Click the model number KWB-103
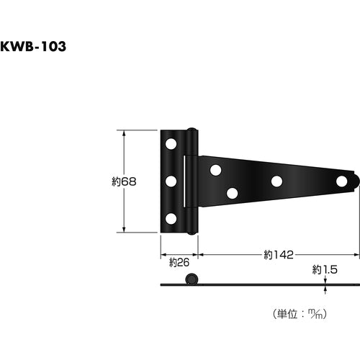point(33,46)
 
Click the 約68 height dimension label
point(124,181)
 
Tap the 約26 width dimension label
point(179,262)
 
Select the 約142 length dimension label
point(279,255)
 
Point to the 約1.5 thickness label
point(325,270)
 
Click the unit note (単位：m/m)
point(300,314)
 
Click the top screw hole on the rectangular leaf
point(171,144)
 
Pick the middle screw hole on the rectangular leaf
point(171,181)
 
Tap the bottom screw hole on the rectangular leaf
point(171,219)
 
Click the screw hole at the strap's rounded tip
point(341,181)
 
